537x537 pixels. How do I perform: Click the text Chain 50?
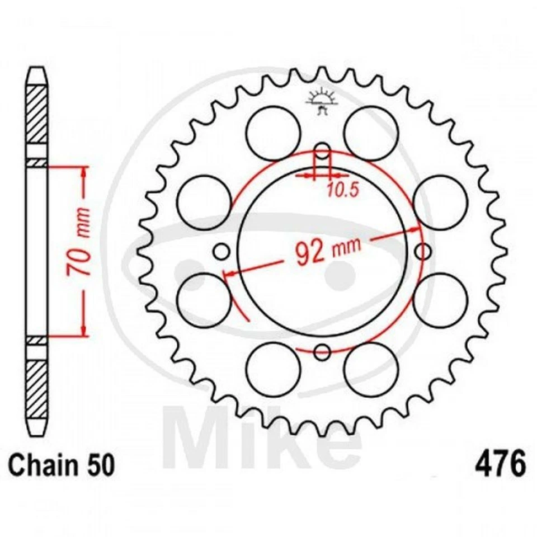click(x=62, y=465)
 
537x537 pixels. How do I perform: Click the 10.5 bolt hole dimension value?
click(x=342, y=190)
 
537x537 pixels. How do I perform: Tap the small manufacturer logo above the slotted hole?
click(x=322, y=102)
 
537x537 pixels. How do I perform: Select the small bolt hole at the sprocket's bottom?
click(x=322, y=352)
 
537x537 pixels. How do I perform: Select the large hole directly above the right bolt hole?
click(x=441, y=202)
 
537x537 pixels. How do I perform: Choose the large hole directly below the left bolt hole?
click(x=202, y=301)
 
